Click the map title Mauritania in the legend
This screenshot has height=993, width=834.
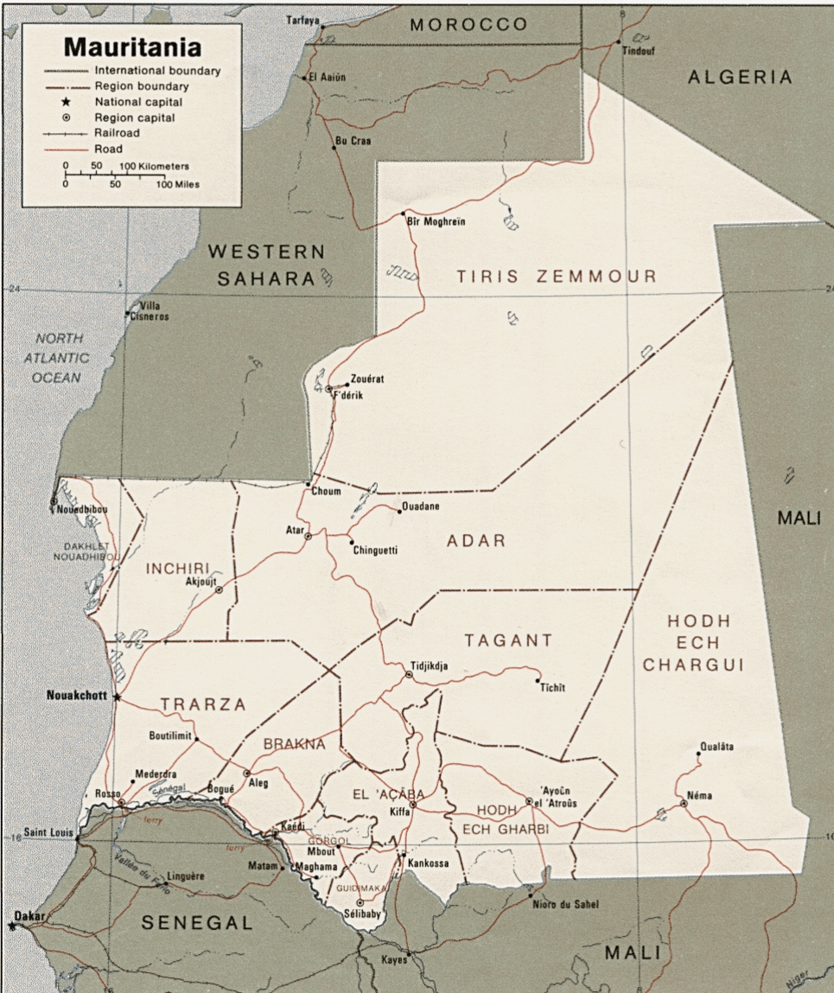[131, 46]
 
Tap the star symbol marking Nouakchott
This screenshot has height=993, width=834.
[117, 697]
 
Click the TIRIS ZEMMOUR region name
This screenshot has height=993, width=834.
[557, 277]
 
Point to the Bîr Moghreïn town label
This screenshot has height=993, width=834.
[436, 222]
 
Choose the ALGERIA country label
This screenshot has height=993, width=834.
[740, 78]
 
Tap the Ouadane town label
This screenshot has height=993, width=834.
[421, 506]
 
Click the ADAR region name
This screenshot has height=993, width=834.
[476, 541]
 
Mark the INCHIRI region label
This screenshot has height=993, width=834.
[178, 568]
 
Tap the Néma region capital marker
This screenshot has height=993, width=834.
[684, 804]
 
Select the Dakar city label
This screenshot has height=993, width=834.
[29, 914]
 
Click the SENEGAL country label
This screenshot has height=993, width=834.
[197, 923]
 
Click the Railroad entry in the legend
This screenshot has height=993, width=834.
[117, 133]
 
